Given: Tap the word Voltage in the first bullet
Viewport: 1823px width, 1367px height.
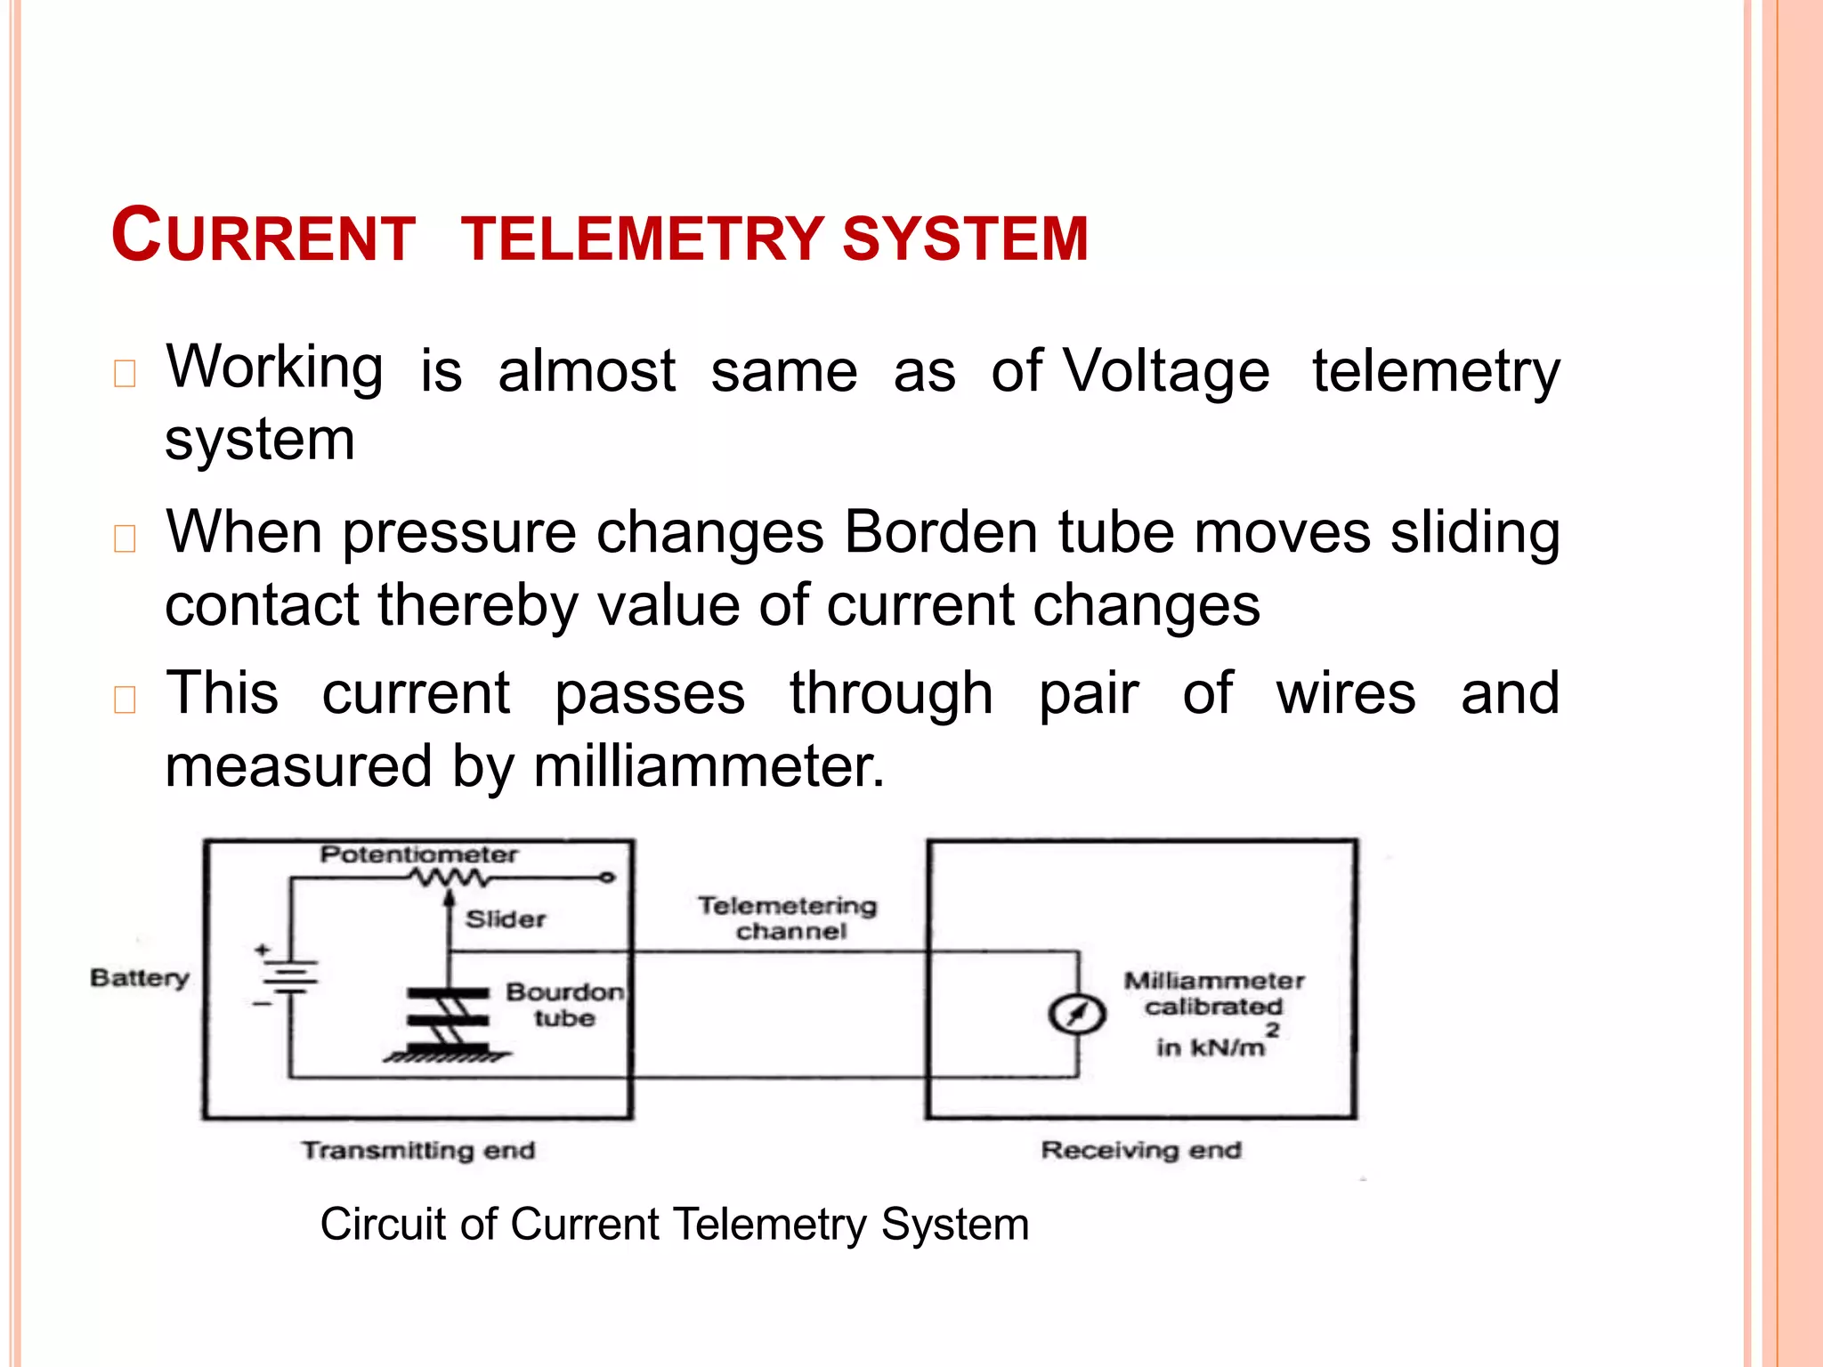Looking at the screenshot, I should (x=1167, y=370).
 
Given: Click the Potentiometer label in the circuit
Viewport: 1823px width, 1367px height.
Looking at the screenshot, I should (x=418, y=854).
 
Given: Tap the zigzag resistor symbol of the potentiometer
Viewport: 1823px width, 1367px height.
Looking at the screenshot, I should (x=449, y=878).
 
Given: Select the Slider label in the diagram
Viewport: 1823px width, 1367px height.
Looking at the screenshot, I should (x=505, y=919).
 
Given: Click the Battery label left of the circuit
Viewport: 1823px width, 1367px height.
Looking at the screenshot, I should (x=140, y=978).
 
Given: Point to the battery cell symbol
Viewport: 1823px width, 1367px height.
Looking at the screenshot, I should (x=289, y=977).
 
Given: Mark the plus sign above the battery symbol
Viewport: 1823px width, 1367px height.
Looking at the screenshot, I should (x=262, y=950).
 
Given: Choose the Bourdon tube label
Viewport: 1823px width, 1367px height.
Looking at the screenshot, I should (x=564, y=1005).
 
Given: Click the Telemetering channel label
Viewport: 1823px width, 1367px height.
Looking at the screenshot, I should (x=788, y=918).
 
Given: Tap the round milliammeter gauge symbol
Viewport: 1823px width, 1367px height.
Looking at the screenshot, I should (x=1077, y=1014).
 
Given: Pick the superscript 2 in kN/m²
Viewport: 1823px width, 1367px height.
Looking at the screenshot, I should (x=1273, y=1030).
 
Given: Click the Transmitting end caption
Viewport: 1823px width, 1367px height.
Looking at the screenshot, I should (x=418, y=1150).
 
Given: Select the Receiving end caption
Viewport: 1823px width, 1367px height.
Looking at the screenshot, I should (x=1141, y=1150).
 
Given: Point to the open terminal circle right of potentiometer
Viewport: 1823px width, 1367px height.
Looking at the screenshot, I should (x=607, y=878).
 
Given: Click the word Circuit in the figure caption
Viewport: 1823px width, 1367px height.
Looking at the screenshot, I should (x=383, y=1225).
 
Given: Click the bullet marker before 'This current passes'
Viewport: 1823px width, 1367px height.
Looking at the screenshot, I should (x=125, y=700).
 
